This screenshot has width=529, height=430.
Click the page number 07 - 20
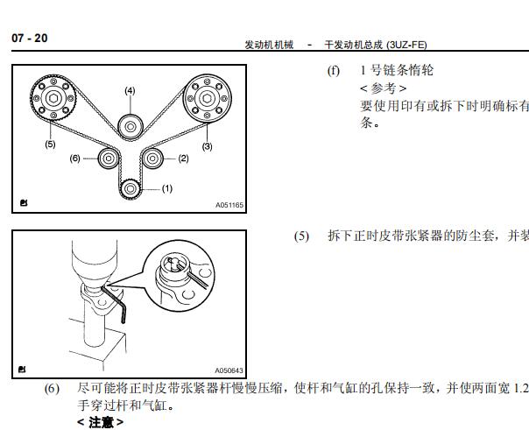30,39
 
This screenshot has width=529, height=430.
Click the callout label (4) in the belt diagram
130,90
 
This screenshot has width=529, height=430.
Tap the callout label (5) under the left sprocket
50,144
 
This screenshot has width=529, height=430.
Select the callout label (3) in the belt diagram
208,146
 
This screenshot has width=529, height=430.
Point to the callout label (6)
75,159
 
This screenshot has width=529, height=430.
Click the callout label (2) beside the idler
183,159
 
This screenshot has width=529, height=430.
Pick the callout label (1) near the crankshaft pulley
167,188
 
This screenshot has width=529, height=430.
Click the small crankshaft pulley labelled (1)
130,189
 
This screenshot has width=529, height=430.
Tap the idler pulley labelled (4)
130,127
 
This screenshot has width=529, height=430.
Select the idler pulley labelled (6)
109,159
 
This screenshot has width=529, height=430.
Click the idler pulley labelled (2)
152,159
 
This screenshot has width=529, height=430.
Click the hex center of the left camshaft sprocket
53,98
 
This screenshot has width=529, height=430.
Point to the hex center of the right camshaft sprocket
208,98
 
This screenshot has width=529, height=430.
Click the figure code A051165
229,205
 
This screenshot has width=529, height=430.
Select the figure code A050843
229,370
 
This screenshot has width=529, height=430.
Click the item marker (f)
334,71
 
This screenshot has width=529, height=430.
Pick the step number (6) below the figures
52,389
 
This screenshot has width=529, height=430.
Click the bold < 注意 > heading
100,422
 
